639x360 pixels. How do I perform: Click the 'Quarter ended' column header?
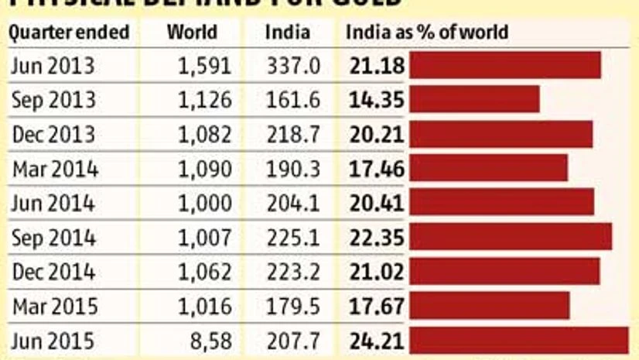pos(69,33)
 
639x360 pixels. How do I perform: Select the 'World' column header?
pos(193,33)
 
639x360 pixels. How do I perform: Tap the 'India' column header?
pos(287,33)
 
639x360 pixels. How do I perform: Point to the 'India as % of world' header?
pos(427,33)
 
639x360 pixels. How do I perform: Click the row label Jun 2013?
pos(53,67)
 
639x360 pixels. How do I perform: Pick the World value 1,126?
pos(205,101)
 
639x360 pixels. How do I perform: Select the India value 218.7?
pos(292,135)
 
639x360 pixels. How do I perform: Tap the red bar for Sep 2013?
pos(474,100)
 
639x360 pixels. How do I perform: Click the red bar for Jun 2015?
pos(518,340)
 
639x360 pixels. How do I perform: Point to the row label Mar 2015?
pos(54,307)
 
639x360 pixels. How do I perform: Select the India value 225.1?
pos(292,238)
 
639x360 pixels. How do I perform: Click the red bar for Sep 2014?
pos(511,238)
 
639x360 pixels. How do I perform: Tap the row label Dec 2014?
pos(53,272)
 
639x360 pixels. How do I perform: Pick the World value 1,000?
pos(205,204)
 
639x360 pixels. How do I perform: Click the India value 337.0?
pos(292,67)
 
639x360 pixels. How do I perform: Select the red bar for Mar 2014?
pos(488,169)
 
